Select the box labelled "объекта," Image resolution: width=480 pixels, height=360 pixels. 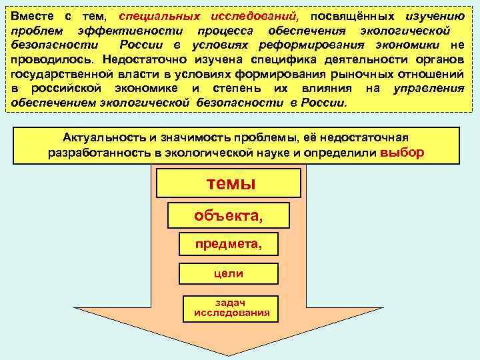[228, 215]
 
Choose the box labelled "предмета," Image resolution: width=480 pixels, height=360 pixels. [228, 244]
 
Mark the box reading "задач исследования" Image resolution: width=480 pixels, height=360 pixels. [231, 307]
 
